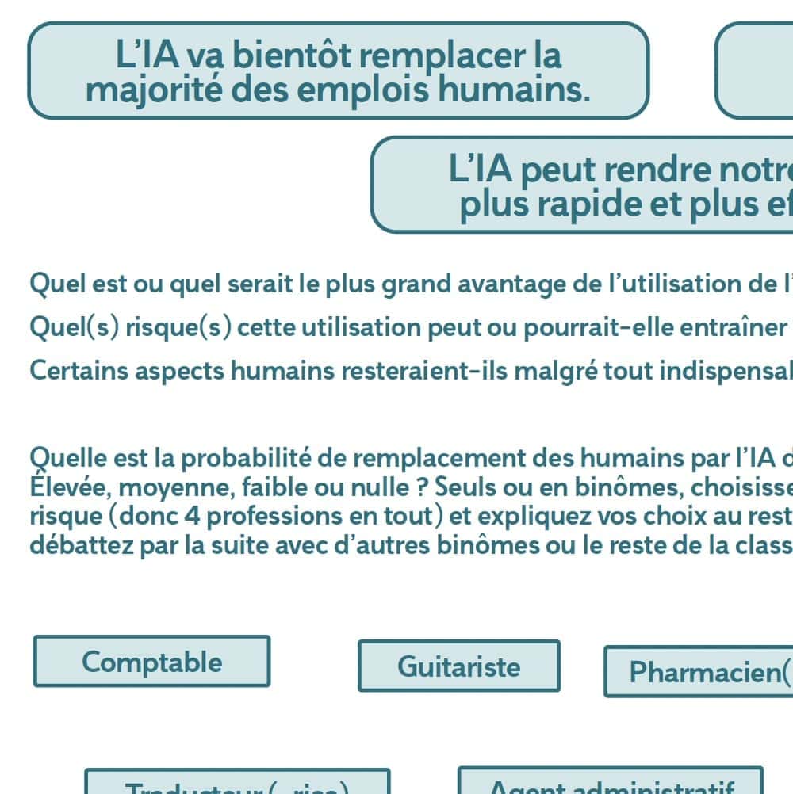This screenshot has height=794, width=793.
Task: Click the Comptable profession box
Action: (x=151, y=662)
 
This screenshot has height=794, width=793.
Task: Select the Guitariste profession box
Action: (x=458, y=666)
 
